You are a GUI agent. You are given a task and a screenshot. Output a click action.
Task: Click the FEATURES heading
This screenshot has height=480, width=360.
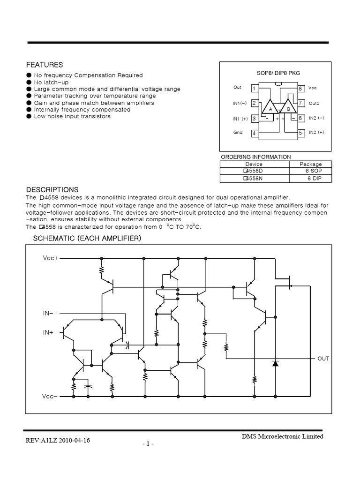pos(45,65)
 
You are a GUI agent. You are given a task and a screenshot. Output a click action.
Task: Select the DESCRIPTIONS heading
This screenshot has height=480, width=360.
pos(52,190)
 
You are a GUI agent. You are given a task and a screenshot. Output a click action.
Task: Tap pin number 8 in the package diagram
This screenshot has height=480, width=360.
pos(300,88)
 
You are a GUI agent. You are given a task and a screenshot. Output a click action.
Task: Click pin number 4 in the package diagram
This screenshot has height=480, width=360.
pos(254,134)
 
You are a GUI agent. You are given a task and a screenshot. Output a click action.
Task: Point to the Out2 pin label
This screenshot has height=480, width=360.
pos(314,103)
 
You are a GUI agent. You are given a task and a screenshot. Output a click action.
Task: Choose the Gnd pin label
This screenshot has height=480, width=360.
pos(238,133)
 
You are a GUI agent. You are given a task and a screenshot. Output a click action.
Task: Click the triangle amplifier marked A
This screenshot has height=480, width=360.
pos(270,108)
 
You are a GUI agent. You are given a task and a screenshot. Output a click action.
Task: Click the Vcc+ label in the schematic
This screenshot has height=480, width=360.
pos(51,258)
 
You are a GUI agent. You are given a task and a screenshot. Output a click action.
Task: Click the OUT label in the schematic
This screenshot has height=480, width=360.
pos(323,359)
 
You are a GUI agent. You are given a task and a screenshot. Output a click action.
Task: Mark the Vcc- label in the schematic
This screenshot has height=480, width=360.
pos(50,397)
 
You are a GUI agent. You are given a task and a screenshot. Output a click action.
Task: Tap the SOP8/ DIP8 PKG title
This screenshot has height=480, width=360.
pos(278,73)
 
